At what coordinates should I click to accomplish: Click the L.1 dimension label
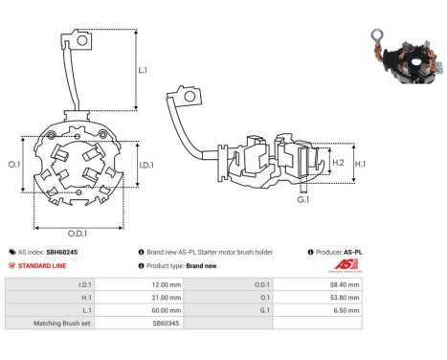[143, 70]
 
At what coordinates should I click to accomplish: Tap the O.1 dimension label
[14, 164]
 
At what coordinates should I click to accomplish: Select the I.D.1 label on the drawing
[146, 165]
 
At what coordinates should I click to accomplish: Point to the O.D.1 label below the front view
[78, 234]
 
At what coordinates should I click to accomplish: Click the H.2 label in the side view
[338, 163]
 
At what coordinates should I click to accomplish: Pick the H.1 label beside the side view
[360, 164]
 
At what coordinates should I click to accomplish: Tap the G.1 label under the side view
[303, 199]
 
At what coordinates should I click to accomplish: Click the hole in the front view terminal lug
[82, 41]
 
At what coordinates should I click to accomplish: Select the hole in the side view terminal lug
[190, 96]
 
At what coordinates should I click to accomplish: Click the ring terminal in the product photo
[377, 36]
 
